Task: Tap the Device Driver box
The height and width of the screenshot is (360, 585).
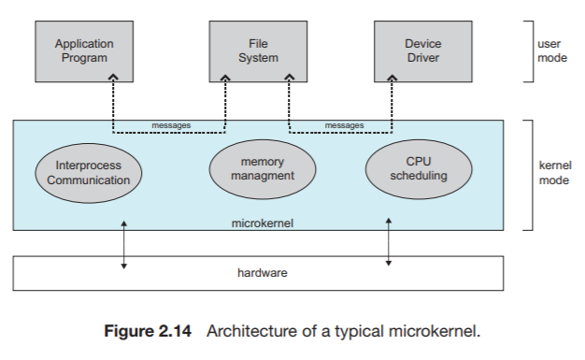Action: point(422,50)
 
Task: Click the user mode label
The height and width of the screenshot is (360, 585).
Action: point(551,50)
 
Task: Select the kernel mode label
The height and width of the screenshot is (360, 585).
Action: point(554,173)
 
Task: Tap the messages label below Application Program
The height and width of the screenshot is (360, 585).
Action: point(170,125)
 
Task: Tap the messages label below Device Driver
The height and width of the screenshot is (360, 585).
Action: point(344,125)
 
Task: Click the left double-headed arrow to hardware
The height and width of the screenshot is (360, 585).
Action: point(123,245)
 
